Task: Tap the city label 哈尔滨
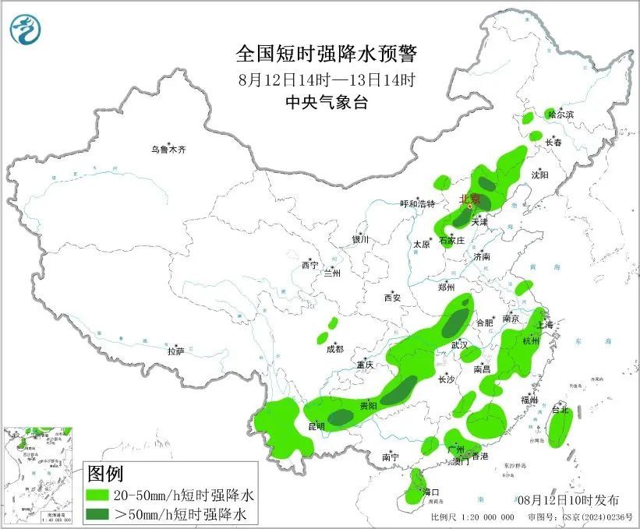point(560,115)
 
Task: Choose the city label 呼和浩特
point(417,203)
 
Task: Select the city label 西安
point(391,298)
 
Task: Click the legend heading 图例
point(105,474)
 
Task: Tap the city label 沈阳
point(539,175)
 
